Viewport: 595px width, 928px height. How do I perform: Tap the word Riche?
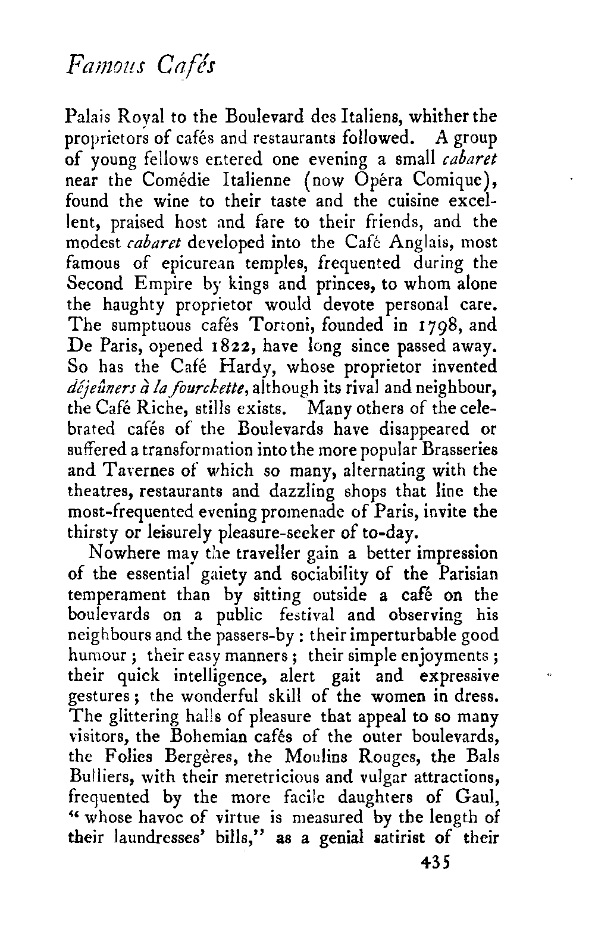(x=165, y=409)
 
